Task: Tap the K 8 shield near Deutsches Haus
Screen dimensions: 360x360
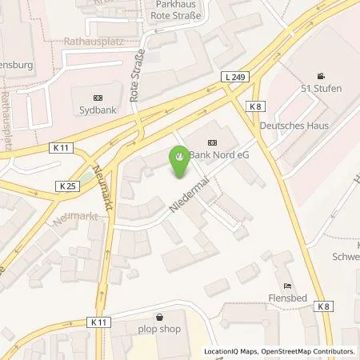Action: tap(254, 106)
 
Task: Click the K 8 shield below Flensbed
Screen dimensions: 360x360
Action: tap(322, 306)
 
